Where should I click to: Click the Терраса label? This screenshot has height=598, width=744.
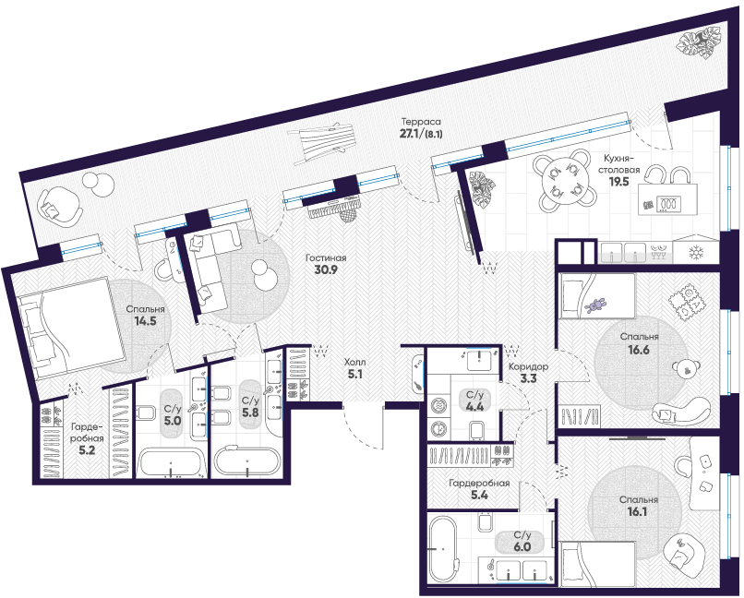coord(421,122)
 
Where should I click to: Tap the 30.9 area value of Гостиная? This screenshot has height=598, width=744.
coord(326,269)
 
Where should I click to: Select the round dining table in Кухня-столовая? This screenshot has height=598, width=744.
coord(563,181)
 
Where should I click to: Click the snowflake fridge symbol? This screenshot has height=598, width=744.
coord(696,253)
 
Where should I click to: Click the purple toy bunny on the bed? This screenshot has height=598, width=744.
coord(596,305)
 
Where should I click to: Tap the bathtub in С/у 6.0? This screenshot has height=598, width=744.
coord(442,548)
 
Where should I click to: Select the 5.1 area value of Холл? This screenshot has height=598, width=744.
coord(356,374)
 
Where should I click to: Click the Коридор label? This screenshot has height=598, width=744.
coord(529,366)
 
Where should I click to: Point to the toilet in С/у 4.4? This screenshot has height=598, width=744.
coord(475,430)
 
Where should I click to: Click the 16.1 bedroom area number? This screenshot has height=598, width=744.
coord(637,512)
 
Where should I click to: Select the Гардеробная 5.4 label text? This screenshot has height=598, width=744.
coord(479,489)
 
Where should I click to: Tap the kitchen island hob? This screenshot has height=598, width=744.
coord(668,204)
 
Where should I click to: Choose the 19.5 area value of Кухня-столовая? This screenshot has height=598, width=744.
coord(618,182)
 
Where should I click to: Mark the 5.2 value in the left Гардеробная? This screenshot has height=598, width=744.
coord(87,450)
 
